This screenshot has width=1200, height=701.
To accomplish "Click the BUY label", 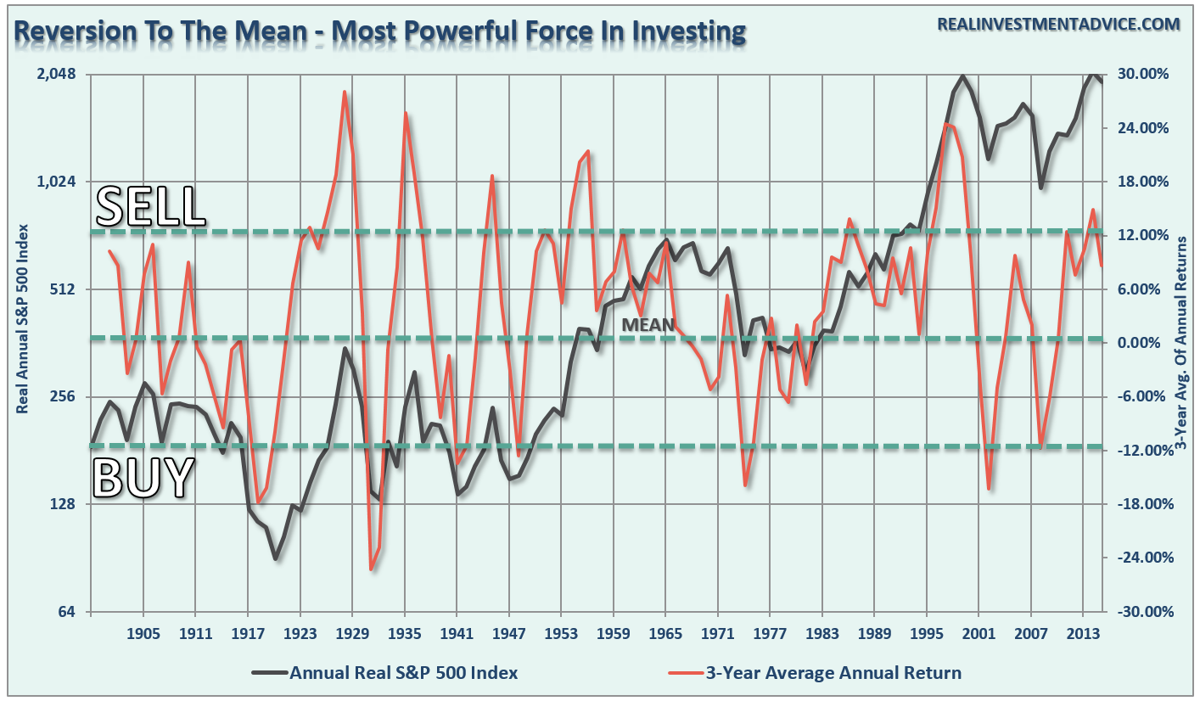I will tap(143, 478).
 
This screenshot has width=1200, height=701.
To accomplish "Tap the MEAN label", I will tap(648, 324).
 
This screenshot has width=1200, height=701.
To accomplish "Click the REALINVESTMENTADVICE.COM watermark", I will tap(1057, 24).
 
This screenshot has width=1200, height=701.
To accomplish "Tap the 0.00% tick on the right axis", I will tap(1150, 343).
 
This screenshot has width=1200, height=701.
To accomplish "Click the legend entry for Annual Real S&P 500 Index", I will tap(403, 673).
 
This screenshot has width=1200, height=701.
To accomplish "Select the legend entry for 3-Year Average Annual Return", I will tap(833, 673).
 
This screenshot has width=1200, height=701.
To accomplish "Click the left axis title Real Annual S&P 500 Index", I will tap(23, 318).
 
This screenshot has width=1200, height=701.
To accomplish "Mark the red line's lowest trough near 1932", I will tap(371, 569).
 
